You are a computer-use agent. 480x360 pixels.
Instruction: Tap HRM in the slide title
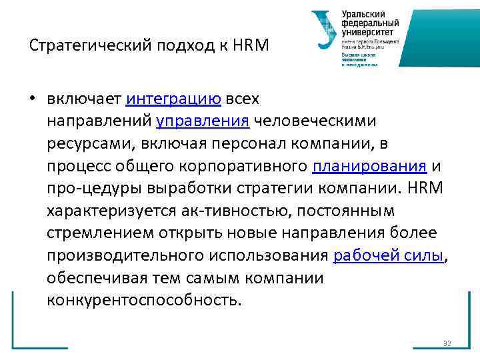[255, 46]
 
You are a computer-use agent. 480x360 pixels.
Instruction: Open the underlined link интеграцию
[173, 99]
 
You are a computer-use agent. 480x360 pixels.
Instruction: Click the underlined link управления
[203, 121]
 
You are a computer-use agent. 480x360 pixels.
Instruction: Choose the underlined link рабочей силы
[388, 255]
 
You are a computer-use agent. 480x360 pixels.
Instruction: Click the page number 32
[447, 343]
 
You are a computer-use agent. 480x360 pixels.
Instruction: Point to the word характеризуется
[111, 211]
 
